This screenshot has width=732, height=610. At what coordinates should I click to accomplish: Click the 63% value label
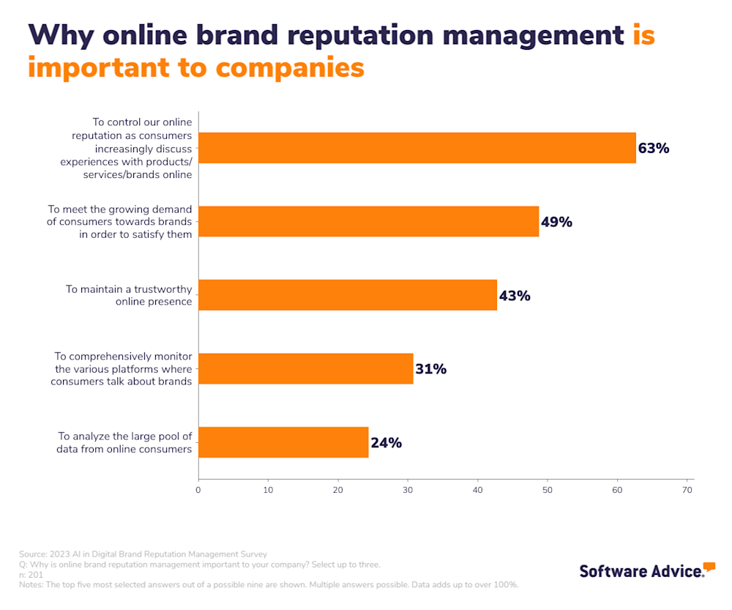tap(653, 149)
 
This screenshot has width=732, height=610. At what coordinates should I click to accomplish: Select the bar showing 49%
tap(368, 222)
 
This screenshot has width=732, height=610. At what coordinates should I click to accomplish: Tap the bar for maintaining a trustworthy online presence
tap(348, 295)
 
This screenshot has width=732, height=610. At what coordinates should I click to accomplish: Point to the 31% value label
tap(430, 369)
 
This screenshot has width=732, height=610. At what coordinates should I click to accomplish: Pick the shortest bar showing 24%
tap(283, 442)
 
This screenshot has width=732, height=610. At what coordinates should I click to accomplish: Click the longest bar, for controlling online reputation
tap(417, 148)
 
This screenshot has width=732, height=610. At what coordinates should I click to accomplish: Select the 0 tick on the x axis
tap(198, 489)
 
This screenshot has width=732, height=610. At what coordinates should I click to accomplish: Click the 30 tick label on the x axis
tap(408, 489)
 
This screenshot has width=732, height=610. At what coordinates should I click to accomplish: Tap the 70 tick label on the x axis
tap(687, 489)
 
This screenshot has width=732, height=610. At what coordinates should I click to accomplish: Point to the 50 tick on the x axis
tap(548, 489)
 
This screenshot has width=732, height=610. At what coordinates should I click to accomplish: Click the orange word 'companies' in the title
tap(289, 67)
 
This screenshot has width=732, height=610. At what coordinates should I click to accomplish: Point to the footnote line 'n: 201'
tap(31, 575)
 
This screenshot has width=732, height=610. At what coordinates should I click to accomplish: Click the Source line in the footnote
tap(143, 554)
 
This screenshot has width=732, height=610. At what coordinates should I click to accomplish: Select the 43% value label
tap(514, 296)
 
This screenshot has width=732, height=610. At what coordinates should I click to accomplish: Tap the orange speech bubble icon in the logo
tap(709, 567)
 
